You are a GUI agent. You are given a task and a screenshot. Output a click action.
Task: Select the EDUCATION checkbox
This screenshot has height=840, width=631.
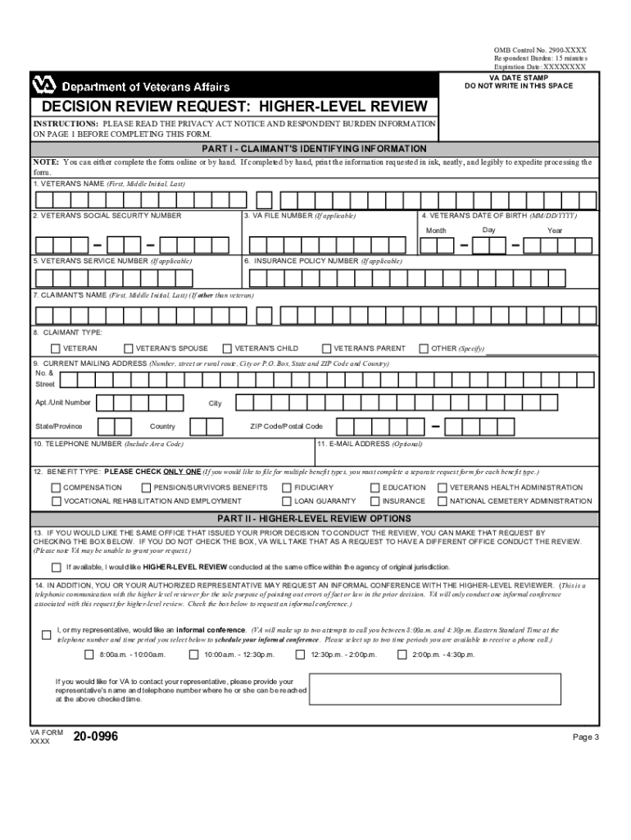[375, 487]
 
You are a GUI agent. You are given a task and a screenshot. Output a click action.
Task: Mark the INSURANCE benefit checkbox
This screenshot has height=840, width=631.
[375, 500]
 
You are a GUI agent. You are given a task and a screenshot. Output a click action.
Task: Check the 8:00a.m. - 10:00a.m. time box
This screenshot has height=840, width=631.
[89, 655]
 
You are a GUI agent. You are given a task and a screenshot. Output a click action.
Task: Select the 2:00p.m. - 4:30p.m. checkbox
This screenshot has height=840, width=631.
[402, 655]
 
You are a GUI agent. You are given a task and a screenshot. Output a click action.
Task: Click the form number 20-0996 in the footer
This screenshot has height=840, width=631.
[96, 737]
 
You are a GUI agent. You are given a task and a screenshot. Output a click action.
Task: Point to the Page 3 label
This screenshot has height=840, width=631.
[586, 737]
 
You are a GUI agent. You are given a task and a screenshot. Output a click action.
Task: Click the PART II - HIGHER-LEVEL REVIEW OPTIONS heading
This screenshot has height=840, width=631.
[315, 518]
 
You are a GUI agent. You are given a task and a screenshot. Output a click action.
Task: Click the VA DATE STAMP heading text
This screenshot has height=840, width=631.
[518, 77]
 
